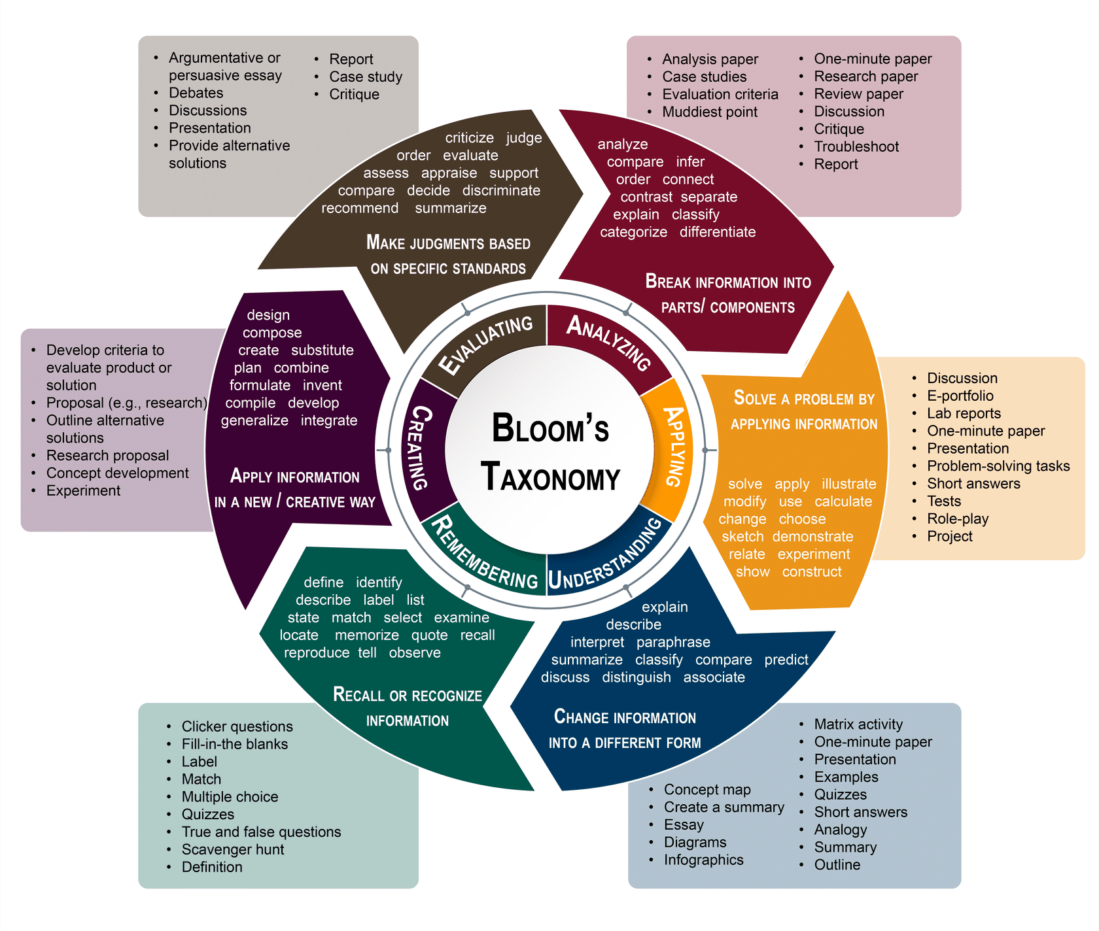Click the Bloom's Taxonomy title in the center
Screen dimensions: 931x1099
coord(550,452)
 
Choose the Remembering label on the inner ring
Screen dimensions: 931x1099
coord(484,553)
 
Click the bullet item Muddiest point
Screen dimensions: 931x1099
coord(710,112)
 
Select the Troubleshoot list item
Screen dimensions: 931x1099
coord(856,146)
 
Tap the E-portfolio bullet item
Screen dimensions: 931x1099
coord(960,396)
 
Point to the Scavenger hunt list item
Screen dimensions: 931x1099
coord(233,849)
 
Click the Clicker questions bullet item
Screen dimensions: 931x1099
coord(237,726)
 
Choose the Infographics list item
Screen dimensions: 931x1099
coord(703,860)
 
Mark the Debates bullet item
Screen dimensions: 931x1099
coord(196,93)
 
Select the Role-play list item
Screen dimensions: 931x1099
coord(957,518)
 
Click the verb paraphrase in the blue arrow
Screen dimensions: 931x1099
coord(673,642)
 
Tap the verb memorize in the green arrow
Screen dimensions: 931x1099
coord(366,635)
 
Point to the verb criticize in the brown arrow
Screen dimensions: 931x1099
coord(469,138)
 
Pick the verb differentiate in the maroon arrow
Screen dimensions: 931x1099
coord(717,232)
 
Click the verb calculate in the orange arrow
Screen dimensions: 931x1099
coord(843,501)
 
